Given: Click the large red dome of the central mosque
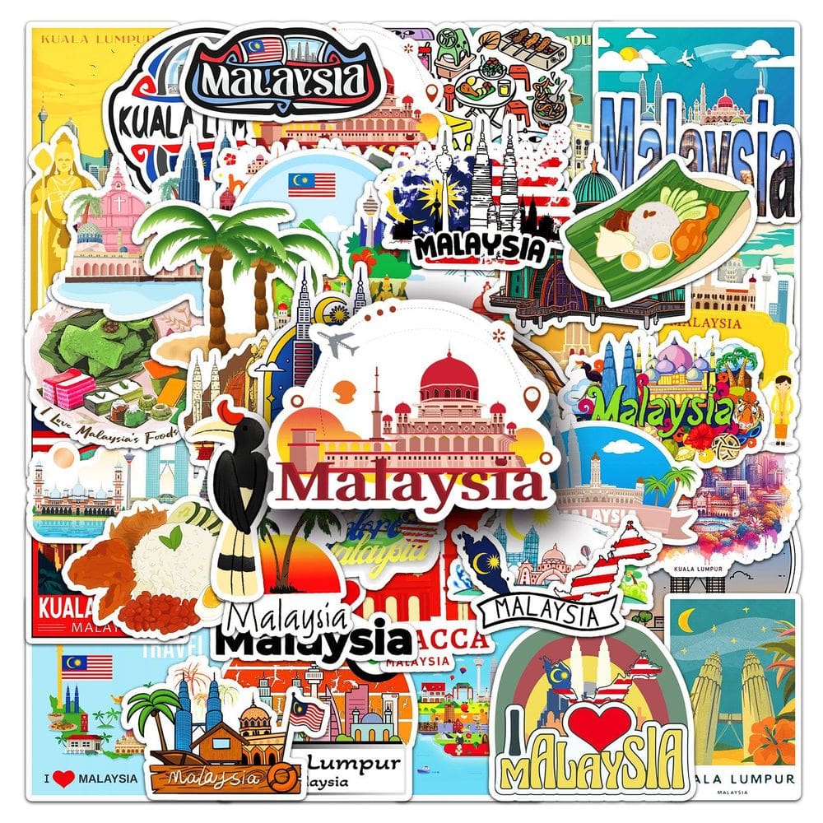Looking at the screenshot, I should pos(449,374).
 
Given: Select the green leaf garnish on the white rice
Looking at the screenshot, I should pos(170,539).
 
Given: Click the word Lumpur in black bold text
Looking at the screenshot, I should pos(352,763).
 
